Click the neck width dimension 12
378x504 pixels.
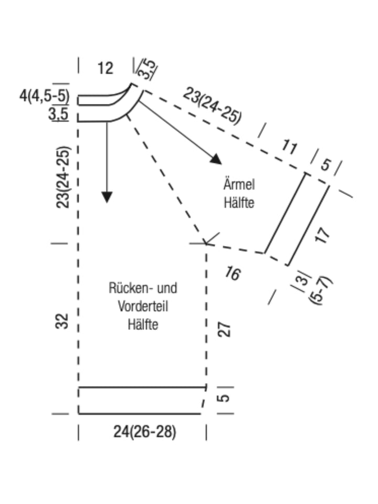coord(106,68)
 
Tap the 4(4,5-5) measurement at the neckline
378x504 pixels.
coord(44,96)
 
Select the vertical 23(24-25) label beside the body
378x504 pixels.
coord(62,177)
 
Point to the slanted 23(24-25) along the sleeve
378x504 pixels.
coord(212,106)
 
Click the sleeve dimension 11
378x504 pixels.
coord(289,148)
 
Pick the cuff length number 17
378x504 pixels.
coord(322,235)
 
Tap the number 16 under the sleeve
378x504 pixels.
coord(233,273)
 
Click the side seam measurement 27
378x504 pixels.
coord(224,329)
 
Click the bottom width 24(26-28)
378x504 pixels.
coord(145,432)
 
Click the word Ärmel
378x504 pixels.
coord(239,184)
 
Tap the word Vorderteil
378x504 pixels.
coord(143,306)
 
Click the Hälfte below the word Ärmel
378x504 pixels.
coord(239,203)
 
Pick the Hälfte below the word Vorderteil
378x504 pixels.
coord(143,324)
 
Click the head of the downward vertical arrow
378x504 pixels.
coord(107,197)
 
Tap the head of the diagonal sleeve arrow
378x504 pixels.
coord(217,160)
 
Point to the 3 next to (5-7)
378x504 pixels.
coord(302,280)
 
